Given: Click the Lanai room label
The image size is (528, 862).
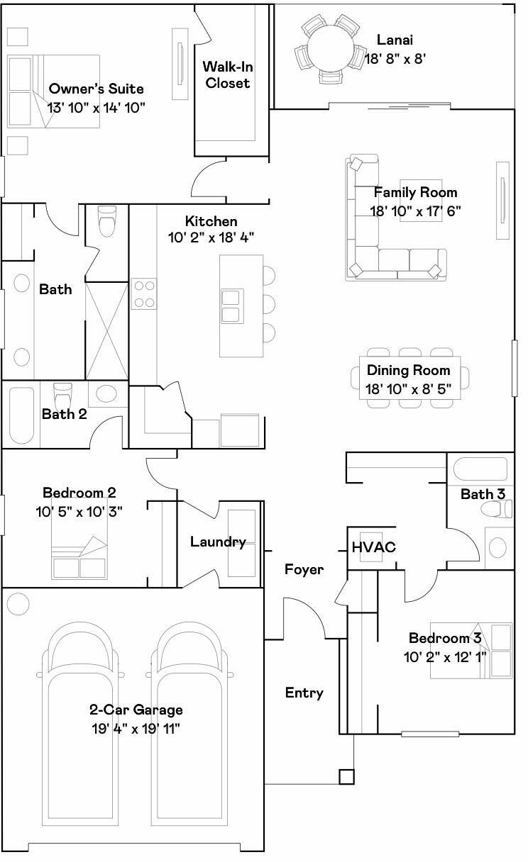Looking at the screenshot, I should pos(395,40).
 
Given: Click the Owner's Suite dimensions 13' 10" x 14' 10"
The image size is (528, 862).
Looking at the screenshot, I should pos(97,107).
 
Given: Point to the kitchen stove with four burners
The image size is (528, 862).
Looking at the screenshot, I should pos(144,294).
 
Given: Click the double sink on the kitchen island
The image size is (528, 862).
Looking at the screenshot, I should pos(231,306).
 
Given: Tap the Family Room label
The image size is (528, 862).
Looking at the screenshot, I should pos(415,192).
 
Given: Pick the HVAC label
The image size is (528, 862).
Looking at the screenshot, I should pos(373,547).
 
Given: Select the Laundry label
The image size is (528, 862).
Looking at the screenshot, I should pos(217,542).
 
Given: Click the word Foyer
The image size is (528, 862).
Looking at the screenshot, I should pos(304,569).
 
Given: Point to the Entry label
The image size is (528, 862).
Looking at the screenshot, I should pos(304,693).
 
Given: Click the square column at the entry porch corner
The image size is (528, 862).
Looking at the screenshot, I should pos(346,777).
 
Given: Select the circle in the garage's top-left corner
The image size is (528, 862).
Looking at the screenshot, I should pos(18,605).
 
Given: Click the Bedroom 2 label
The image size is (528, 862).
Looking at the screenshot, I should pos(79,493).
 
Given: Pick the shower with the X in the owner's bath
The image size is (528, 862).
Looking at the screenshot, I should pos(106,330).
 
